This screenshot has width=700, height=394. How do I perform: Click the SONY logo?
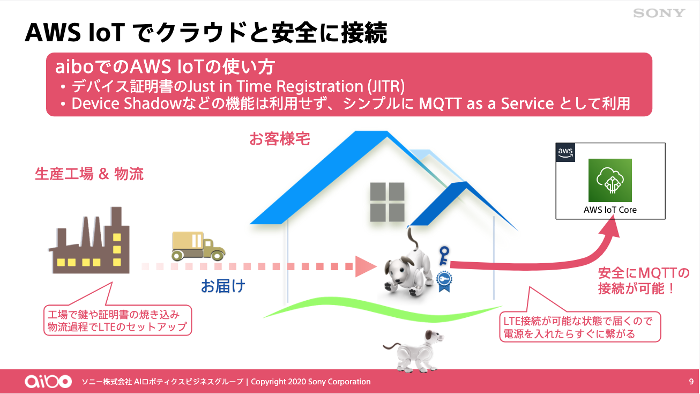pyautogui.click(x=659, y=13)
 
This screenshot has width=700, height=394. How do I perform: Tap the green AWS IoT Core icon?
pyautogui.click(x=610, y=180)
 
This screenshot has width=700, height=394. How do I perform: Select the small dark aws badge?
pyautogui.click(x=565, y=152)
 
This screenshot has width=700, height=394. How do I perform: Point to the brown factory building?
pyautogui.click(x=90, y=240)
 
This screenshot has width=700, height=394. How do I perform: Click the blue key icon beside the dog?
pyautogui.click(x=444, y=256)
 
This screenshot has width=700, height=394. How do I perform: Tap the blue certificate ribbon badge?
pyautogui.click(x=444, y=281)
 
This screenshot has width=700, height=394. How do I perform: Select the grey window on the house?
pyautogui.click(x=387, y=202)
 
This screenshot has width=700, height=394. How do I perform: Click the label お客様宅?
pyautogui.click(x=280, y=139)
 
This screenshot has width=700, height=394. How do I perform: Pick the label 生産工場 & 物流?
pyautogui.click(x=89, y=174)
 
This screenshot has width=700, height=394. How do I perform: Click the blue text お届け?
pyautogui.click(x=223, y=286)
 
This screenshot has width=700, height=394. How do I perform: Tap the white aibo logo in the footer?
pyautogui.click(x=48, y=381)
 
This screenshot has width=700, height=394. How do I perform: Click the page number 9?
pyautogui.click(x=691, y=382)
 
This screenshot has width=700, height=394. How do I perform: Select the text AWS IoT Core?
pyautogui.click(x=610, y=210)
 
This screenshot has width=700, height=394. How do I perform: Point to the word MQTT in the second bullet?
pyautogui.click(x=440, y=104)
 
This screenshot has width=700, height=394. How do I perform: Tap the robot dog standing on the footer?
pyautogui.click(x=413, y=351)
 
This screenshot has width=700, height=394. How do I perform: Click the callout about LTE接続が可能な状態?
pyautogui.click(x=580, y=327)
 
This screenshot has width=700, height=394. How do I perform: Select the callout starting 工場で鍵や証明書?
pyautogui.click(x=117, y=320)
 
